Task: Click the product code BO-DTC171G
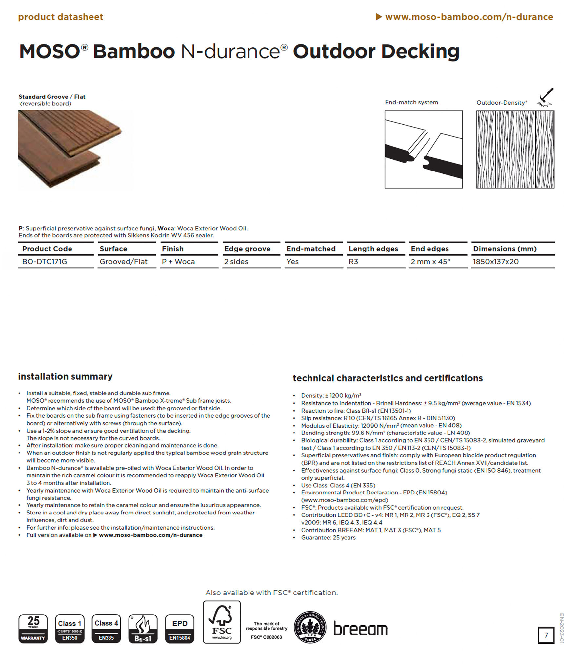tap(44, 262)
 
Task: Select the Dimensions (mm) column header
tap(505, 249)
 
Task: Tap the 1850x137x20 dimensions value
tap(495, 262)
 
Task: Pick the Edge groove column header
tap(247, 249)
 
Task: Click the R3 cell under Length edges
tap(353, 262)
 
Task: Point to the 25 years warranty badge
tap(33, 629)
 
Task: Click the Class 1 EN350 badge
tap(70, 629)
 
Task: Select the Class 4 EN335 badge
tap(106, 629)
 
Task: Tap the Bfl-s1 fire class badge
tap(143, 629)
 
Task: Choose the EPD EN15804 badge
tap(180, 629)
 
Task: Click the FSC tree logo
tap(222, 622)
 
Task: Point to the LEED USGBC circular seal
tap(310, 627)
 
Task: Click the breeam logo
tap(360, 628)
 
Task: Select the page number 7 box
tap(546, 635)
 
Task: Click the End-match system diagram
tap(424, 149)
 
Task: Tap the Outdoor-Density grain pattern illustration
tap(515, 149)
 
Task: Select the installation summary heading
tap(65, 376)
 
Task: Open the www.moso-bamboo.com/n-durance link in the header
tap(469, 17)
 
